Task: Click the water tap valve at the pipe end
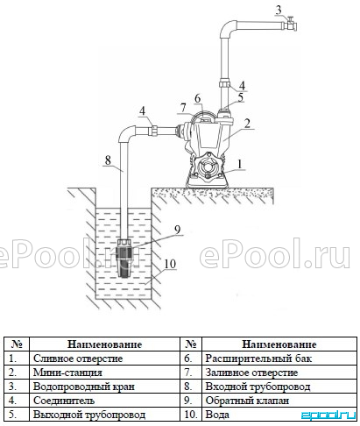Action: pyautogui.click(x=291, y=25)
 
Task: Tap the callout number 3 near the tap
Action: pyautogui.click(x=279, y=10)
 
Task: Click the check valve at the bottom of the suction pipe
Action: pyautogui.click(x=124, y=258)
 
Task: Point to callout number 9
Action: pyautogui.click(x=178, y=230)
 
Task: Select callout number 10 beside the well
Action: pyautogui.click(x=170, y=264)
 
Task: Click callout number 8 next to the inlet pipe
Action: pyautogui.click(x=108, y=160)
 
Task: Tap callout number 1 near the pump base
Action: pyautogui.click(x=240, y=164)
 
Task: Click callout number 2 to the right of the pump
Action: pyautogui.click(x=247, y=123)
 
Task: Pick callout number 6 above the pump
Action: pyautogui.click(x=198, y=98)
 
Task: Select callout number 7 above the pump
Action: pyautogui.click(x=183, y=108)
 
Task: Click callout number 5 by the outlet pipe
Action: pyautogui.click(x=241, y=97)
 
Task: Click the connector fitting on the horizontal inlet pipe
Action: pyautogui.click(x=153, y=130)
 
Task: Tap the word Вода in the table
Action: pyautogui.click(x=217, y=415)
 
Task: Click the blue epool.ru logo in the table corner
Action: pyautogui.click(x=328, y=415)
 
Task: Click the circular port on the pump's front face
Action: pyautogui.click(x=208, y=167)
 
